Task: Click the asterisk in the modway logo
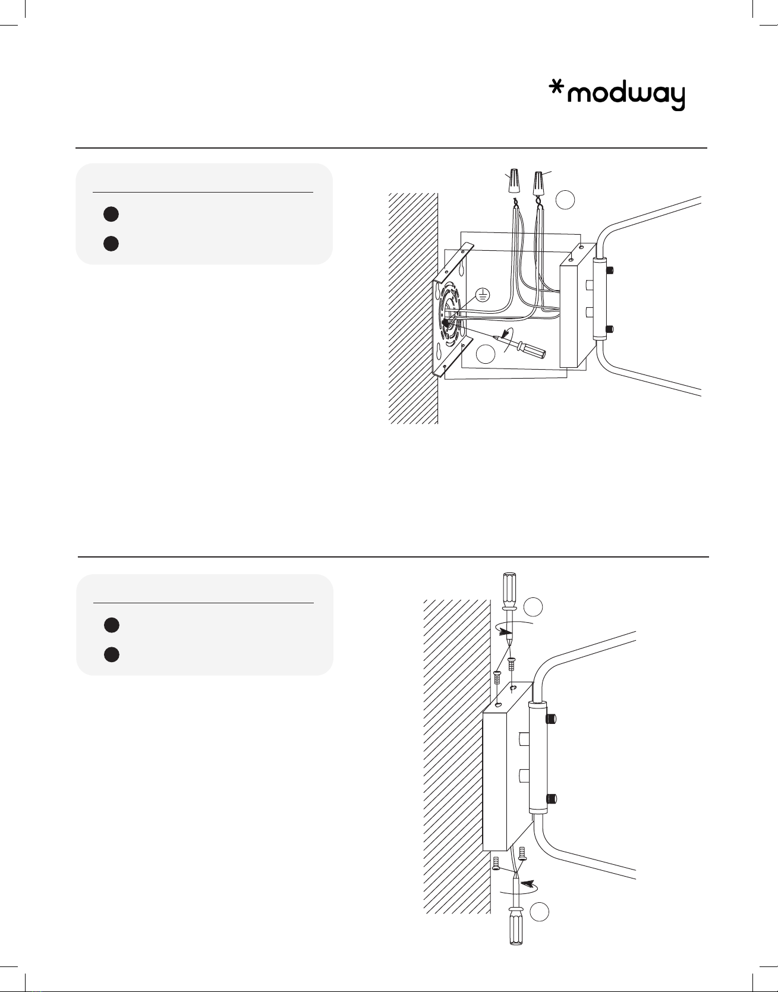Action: pyautogui.click(x=556, y=89)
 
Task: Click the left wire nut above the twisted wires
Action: pyautogui.click(x=514, y=181)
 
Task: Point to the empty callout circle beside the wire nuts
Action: pyautogui.click(x=565, y=200)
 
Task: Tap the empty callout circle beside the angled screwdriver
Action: pyautogui.click(x=486, y=354)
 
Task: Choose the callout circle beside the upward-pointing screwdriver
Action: pyautogui.click(x=540, y=912)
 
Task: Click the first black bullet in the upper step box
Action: pyautogui.click(x=111, y=214)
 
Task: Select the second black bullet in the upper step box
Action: pyautogui.click(x=111, y=243)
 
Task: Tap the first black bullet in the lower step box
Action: pyautogui.click(x=111, y=625)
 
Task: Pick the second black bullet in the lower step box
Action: pyautogui.click(x=111, y=654)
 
